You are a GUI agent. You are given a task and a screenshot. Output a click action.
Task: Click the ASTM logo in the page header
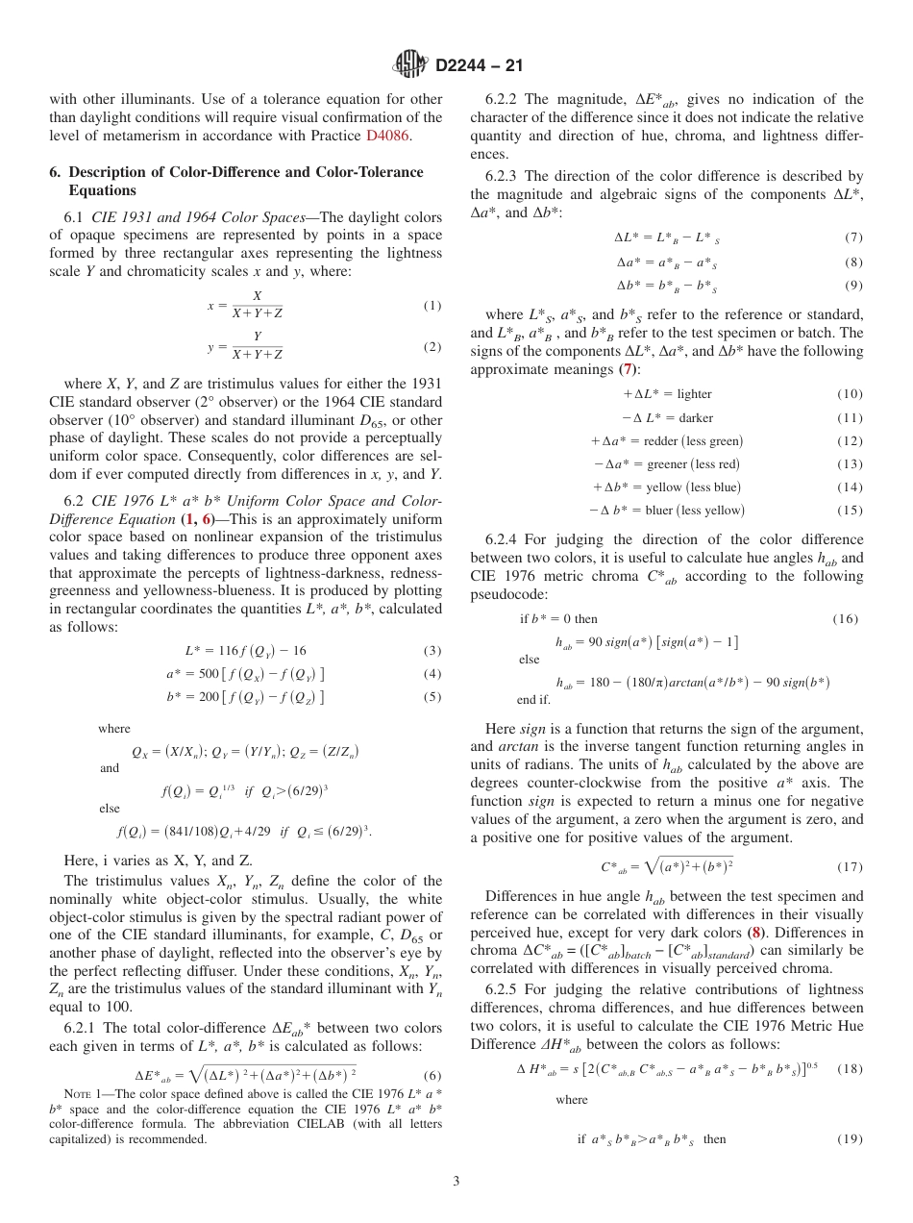[x=411, y=65]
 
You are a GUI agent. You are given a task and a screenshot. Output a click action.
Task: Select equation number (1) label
[x=432, y=306]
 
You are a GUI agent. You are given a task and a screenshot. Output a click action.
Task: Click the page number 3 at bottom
[x=456, y=1181]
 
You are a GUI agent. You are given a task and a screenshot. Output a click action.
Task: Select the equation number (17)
[x=849, y=866]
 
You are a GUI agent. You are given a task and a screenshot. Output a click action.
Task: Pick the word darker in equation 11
[x=695, y=418]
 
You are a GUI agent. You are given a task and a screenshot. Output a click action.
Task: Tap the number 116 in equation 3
[x=227, y=651]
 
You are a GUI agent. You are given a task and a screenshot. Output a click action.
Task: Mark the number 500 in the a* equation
[x=209, y=674]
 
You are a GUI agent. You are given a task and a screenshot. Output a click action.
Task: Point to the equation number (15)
[x=849, y=511]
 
